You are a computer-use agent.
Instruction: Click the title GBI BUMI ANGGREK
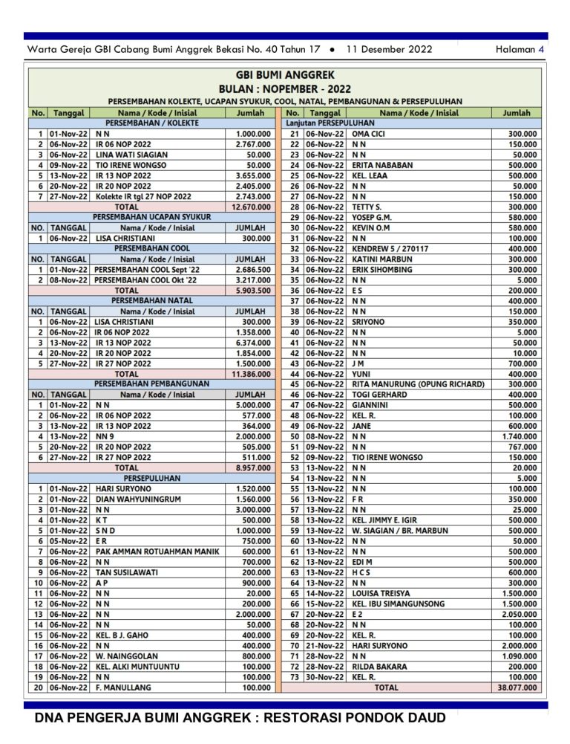tap(285, 75)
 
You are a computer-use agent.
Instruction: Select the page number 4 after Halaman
tap(541, 50)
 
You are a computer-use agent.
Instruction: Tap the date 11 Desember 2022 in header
tap(389, 50)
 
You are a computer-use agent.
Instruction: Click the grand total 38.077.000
tap(517, 688)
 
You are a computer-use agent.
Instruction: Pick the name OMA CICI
tap(368, 134)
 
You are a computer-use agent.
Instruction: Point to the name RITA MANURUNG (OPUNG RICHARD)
tap(418, 384)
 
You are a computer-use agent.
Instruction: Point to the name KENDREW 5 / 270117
tap(390, 248)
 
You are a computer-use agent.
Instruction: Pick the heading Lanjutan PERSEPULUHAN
tap(330, 123)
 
